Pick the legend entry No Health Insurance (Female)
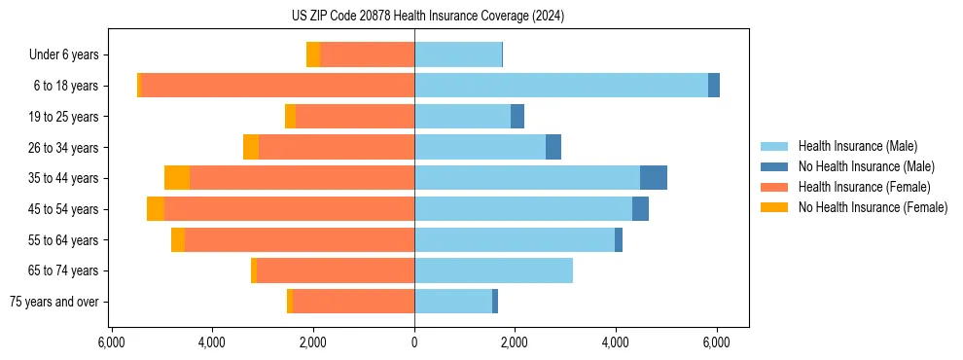click(x=873, y=207)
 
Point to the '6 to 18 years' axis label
click(x=65, y=86)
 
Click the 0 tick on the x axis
click(x=414, y=342)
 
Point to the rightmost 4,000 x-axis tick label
click(x=616, y=342)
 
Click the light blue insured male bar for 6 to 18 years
click(x=561, y=86)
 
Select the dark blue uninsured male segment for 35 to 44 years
click(x=654, y=178)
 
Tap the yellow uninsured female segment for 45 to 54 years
click(x=156, y=209)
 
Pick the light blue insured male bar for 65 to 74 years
click(x=493, y=270)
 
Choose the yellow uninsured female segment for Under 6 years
click(x=313, y=54)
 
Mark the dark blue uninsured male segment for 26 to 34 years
click(x=553, y=147)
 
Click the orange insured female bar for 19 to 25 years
click(x=355, y=117)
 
